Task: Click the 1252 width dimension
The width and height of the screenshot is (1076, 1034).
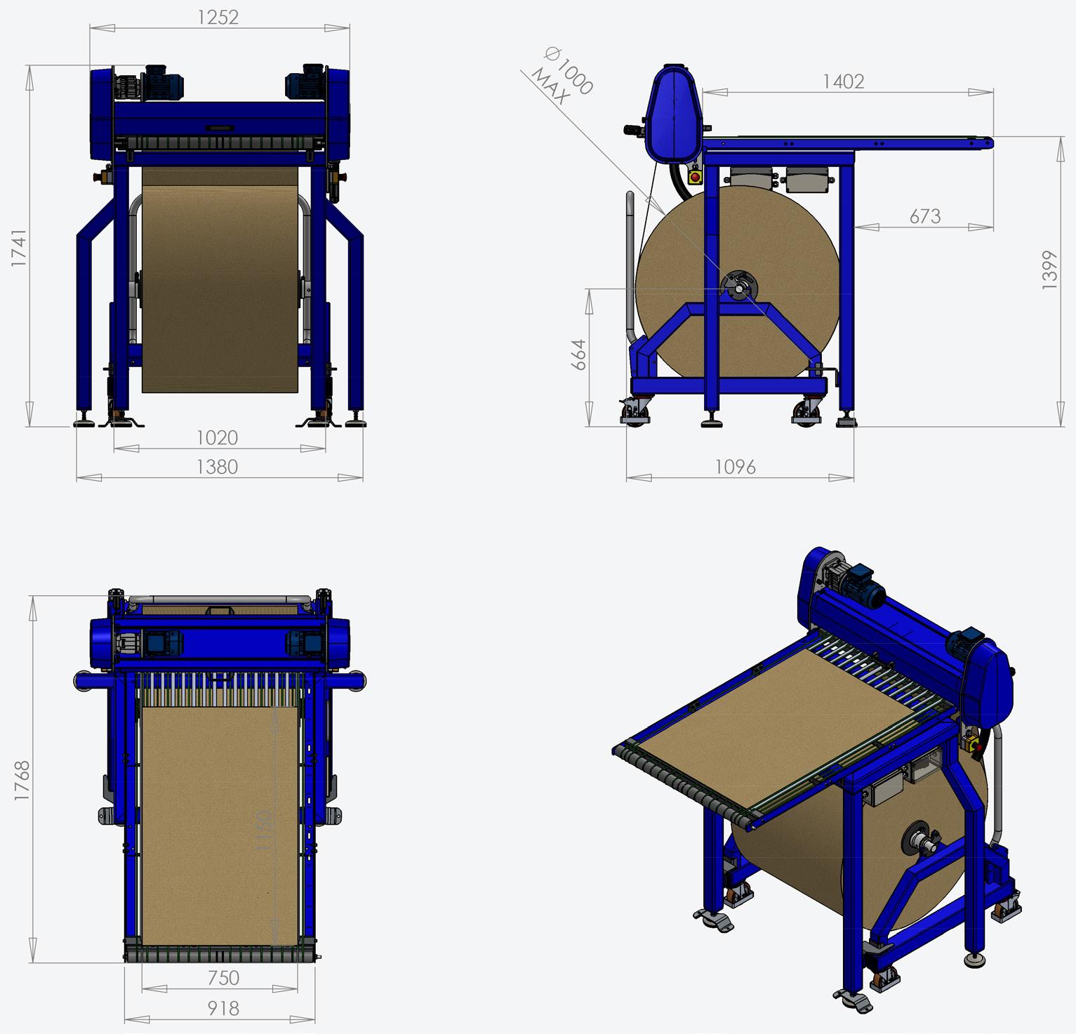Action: [218, 17]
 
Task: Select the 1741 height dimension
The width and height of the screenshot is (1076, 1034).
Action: [19, 247]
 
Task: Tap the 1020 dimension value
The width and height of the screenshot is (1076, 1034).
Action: [217, 437]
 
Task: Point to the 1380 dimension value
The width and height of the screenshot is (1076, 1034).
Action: [217, 467]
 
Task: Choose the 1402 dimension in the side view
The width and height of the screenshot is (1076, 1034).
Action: [843, 81]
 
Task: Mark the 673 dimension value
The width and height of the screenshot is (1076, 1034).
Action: [924, 216]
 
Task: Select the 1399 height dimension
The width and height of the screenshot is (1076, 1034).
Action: [1049, 270]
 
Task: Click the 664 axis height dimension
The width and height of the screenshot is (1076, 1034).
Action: [578, 354]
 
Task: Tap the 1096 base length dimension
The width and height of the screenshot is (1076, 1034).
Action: [735, 467]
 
